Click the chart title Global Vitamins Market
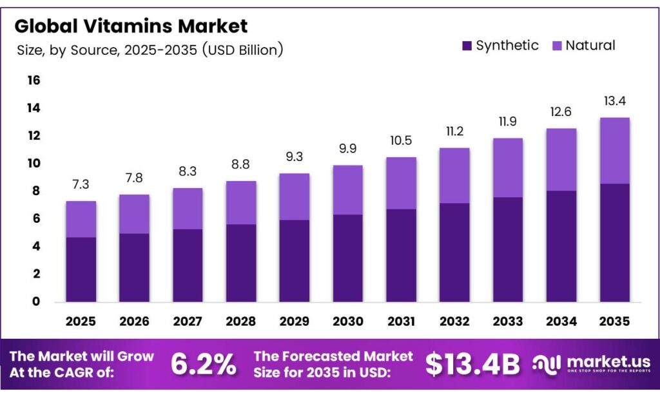pyautogui.click(x=131, y=26)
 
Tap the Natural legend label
pyautogui.click(x=590, y=45)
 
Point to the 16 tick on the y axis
pyautogui.click(x=34, y=81)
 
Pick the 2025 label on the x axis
pyautogui.click(x=81, y=321)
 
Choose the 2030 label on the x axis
pyautogui.click(x=347, y=321)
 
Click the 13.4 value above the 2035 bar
pyautogui.click(x=614, y=101)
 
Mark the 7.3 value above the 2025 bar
pyautogui.click(x=81, y=184)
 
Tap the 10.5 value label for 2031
pyautogui.click(x=401, y=140)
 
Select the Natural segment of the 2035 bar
pyautogui.click(x=614, y=151)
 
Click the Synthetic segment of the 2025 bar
pyautogui.click(x=81, y=269)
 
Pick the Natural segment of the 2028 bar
pyautogui.click(x=240, y=202)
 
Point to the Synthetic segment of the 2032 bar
pyautogui.click(x=454, y=252)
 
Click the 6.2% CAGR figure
pyautogui.click(x=204, y=365)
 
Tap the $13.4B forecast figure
pyautogui.click(x=472, y=365)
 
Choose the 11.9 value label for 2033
pyautogui.click(x=508, y=121)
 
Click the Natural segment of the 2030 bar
pyautogui.click(x=347, y=190)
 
